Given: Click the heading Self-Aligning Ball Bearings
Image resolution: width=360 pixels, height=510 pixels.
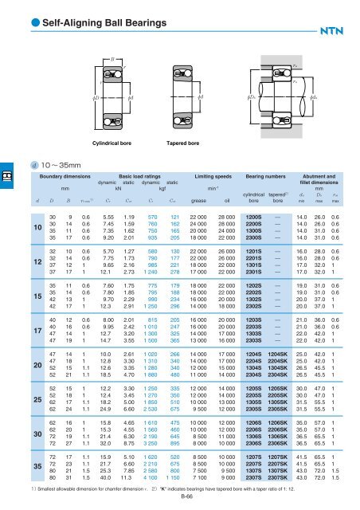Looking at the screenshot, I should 77,11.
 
